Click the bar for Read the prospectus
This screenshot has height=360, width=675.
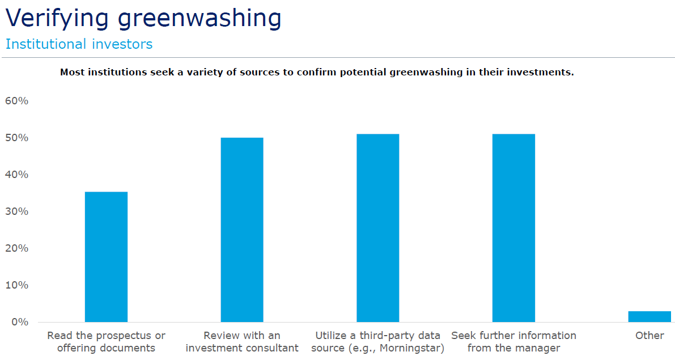pyautogui.click(x=107, y=257)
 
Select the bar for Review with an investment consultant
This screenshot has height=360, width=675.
pyautogui.click(x=242, y=230)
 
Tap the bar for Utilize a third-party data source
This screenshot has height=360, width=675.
pyautogui.click(x=378, y=228)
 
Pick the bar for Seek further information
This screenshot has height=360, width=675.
pyautogui.click(x=513, y=228)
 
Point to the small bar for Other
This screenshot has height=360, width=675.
pyautogui.click(x=649, y=316)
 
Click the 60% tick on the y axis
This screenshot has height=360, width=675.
pyautogui.click(x=17, y=101)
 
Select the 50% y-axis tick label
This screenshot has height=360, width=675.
pyautogui.click(x=17, y=138)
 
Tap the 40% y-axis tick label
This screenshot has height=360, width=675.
pyautogui.click(x=17, y=175)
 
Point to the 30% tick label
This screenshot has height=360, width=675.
pyautogui.click(x=17, y=211)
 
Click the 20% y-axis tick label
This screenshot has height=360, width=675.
pyautogui.click(x=17, y=248)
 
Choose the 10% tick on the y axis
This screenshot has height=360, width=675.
pyautogui.click(x=17, y=285)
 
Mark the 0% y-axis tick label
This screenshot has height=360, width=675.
pyautogui.click(x=20, y=322)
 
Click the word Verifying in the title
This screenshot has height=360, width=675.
pyautogui.click(x=57, y=19)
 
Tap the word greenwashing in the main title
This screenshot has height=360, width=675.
pyautogui.click(x=199, y=19)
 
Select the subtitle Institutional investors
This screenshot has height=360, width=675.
pyautogui.click(x=79, y=44)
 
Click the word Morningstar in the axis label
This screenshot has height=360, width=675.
pyautogui.click(x=411, y=348)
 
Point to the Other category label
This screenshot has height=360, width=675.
pyautogui.click(x=649, y=336)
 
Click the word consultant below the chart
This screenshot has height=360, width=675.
pyautogui.click(x=274, y=348)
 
